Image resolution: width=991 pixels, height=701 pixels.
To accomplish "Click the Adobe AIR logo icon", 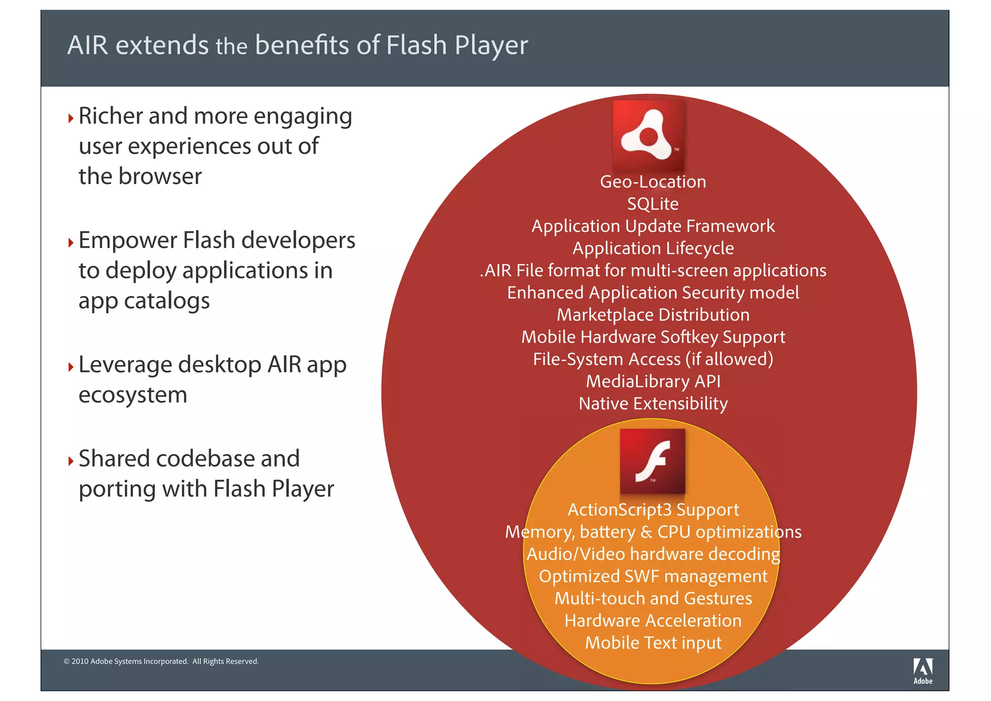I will click(648, 136).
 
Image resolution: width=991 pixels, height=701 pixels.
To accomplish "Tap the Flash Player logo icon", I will click(652, 461).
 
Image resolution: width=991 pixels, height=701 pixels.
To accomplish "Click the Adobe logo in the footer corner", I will click(923, 671).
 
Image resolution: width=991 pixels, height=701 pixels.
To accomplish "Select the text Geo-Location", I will click(653, 182).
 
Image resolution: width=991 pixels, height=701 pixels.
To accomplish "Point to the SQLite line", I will click(653, 204).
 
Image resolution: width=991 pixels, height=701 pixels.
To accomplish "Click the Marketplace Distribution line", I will click(653, 315).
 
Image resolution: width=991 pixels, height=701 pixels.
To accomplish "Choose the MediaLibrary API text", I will click(653, 381).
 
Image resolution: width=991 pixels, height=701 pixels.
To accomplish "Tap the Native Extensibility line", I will click(653, 404).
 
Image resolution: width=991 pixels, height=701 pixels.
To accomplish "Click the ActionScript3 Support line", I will click(653, 510).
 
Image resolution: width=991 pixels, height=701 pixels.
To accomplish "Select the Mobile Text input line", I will click(653, 643).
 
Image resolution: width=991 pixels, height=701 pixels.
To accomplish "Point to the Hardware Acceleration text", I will click(653, 621).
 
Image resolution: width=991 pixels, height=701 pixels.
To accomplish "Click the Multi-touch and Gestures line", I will click(653, 599).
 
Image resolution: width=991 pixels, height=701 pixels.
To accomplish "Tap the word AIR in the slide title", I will click(88, 46).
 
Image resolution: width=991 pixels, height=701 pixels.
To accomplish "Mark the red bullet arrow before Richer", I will click(71, 118).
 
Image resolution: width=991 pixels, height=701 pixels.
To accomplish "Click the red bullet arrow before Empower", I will click(71, 242).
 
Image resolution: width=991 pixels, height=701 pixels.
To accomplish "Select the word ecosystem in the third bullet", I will click(133, 395).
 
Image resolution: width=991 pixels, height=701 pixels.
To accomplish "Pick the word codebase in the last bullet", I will click(205, 458).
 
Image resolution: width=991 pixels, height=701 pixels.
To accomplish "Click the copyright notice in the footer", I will click(161, 661).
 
